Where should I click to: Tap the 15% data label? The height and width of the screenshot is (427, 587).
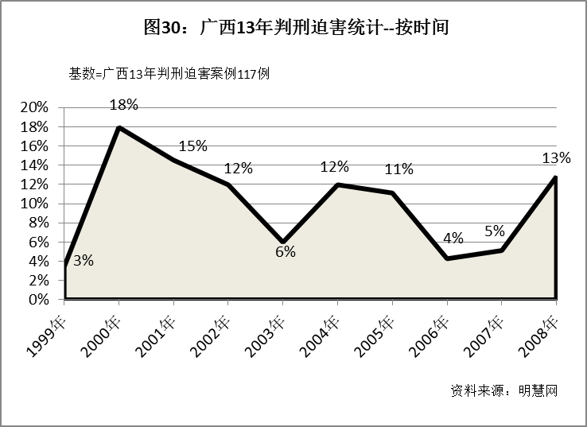[x=193, y=146]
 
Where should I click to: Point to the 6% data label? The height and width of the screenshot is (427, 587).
[x=286, y=252]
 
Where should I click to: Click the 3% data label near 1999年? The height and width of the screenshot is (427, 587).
[x=83, y=261]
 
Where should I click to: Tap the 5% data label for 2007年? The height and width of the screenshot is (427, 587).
[x=495, y=231]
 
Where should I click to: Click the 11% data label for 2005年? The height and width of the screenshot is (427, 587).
[x=399, y=169]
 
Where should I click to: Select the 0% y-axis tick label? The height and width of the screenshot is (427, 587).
[x=40, y=300]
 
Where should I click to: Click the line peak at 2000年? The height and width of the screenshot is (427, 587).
[x=119, y=127]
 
